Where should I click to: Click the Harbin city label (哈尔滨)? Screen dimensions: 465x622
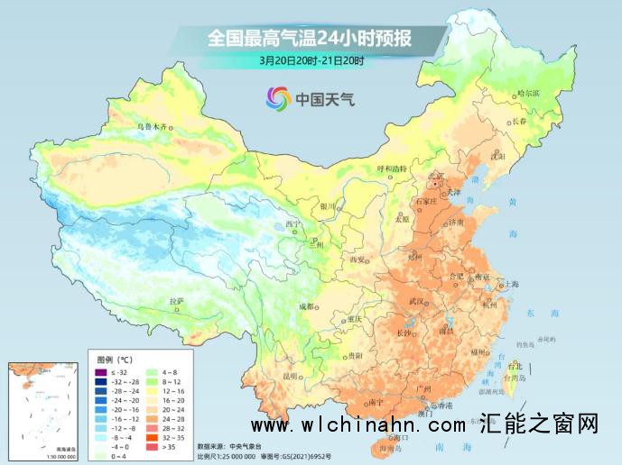(526, 94)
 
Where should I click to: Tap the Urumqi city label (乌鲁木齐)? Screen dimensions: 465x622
(152, 127)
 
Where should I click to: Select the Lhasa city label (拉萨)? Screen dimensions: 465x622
(177, 300)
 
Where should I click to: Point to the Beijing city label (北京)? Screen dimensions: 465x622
(438, 177)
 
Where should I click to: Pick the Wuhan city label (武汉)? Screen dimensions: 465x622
(416, 300)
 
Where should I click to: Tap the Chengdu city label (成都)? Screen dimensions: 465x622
(309, 306)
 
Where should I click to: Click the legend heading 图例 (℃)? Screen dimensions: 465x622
(116, 359)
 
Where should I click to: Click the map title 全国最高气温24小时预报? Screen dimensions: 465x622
(310, 39)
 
